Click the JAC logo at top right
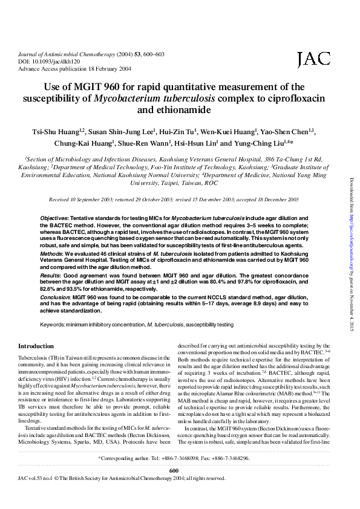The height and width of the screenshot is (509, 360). coord(314,59)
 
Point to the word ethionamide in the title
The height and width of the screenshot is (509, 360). coord(180,110)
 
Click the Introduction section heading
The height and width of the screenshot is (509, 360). coord(36,346)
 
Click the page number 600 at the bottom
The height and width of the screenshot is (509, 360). coord(174,487)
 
